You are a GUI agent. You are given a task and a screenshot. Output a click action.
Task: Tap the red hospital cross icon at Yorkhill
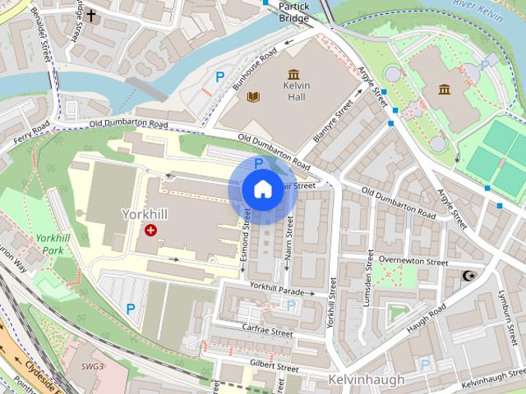[x=150, y=231]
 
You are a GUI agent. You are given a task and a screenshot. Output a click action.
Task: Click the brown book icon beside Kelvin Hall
[x=254, y=98]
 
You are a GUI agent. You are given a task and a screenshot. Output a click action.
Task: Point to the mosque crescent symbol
[x=470, y=277]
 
